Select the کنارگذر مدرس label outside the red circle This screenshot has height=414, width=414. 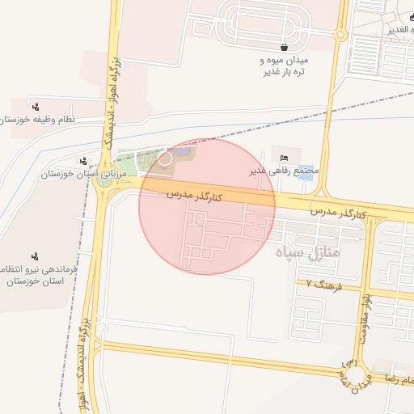(x=339, y=212)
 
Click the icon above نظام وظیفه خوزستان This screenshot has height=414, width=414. (x=36, y=107)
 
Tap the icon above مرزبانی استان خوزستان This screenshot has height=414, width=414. (x=83, y=162)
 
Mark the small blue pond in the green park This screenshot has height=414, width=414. (x=182, y=151)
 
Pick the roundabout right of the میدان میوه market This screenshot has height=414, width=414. (x=340, y=35)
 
